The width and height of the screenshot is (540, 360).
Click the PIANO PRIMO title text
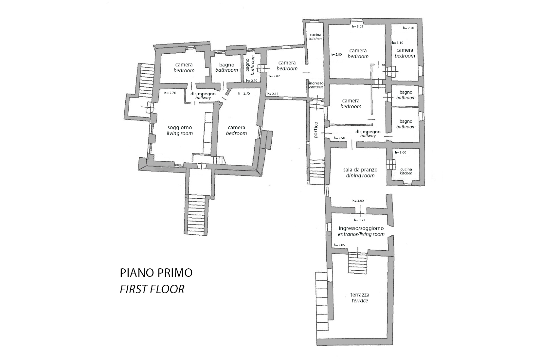pos(156,273)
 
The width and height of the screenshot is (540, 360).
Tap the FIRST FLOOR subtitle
pos(152,289)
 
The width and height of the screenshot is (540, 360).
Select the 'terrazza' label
pos(360,295)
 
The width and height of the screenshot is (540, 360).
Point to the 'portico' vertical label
pos(316,130)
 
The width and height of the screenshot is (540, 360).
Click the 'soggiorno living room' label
pos(180,130)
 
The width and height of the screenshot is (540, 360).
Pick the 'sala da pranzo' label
pos(360,170)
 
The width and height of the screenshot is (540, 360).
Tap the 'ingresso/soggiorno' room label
pos(361,228)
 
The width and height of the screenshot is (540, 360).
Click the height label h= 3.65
pos(357,27)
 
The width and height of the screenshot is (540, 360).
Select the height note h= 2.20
pos(408,28)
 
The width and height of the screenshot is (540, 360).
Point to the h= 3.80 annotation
pos(358,201)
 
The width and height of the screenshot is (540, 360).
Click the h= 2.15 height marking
pos(273,94)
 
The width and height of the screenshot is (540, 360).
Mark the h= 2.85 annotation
pos(339,245)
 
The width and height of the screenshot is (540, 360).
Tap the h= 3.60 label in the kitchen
pos(401,153)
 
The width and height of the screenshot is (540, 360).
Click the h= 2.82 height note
pos(274,76)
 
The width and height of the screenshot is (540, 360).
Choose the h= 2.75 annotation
pos(244,93)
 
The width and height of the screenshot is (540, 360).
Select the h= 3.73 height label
pos(360,220)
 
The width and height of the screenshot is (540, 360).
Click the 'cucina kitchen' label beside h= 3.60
pos(406,171)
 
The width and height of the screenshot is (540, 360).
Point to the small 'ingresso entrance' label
pos(316,85)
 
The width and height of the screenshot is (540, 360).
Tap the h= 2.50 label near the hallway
pos(339,138)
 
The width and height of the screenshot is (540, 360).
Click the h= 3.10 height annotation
pos(398,43)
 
